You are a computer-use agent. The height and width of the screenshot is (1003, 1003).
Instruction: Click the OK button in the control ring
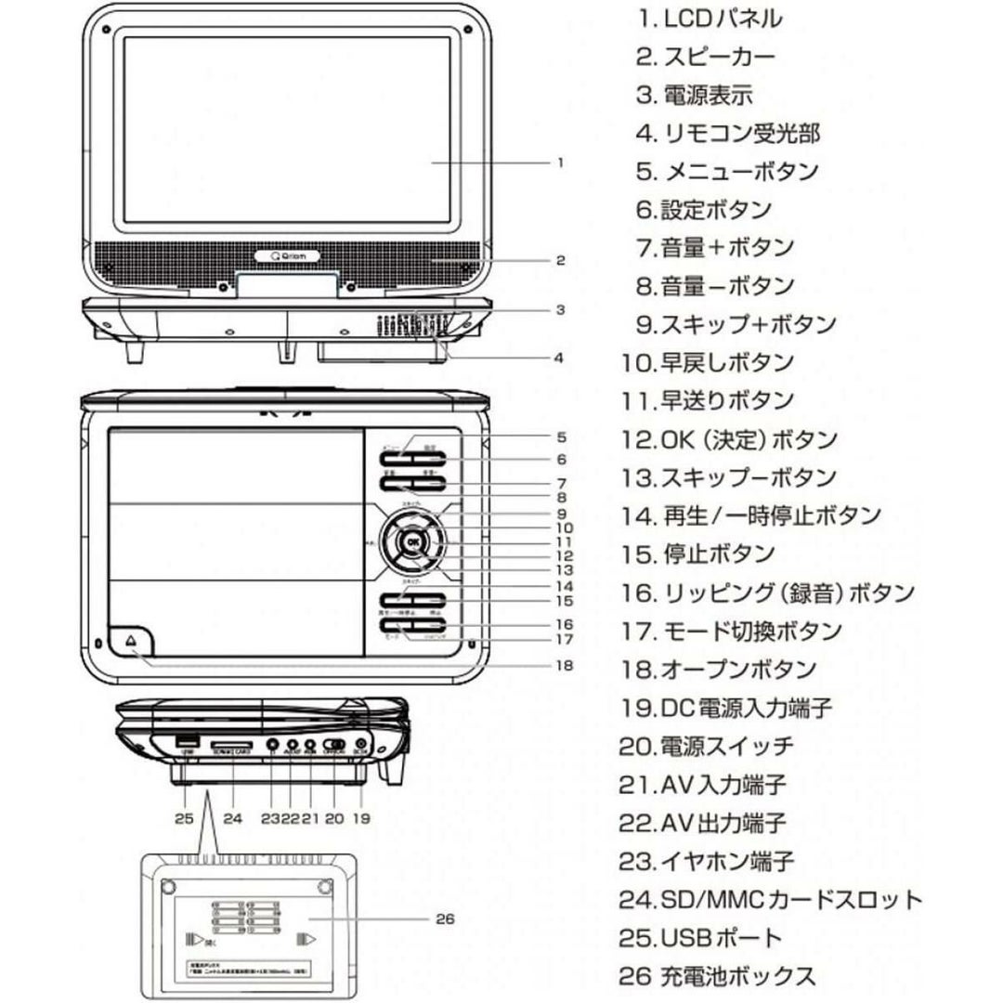coord(412,544)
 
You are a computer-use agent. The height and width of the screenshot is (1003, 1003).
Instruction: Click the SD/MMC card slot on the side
coord(229,746)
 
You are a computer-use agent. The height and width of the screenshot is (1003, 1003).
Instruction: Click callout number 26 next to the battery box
coord(444,919)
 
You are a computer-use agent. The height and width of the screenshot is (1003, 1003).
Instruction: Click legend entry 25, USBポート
coord(701,938)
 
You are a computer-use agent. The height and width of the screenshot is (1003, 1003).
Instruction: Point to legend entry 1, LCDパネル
coord(710,18)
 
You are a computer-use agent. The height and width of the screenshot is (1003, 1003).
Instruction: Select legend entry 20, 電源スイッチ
coord(707,746)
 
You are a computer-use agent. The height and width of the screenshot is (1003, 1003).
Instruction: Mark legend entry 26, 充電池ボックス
coord(717,976)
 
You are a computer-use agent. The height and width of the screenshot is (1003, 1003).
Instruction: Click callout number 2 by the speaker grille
coord(560,261)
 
